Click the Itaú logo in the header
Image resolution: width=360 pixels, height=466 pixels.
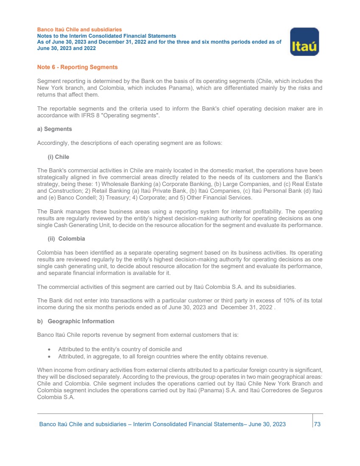304,42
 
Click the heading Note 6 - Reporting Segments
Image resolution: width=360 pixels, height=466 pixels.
78,67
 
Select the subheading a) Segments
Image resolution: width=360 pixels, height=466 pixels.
55,129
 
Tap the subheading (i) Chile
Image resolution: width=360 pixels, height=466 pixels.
58,157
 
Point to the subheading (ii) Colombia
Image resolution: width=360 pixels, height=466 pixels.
66,239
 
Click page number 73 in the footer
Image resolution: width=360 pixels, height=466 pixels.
317,424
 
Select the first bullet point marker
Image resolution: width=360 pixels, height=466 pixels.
50,349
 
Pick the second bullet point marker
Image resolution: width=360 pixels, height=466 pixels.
50,356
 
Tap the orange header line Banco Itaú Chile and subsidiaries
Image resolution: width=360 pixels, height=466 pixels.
80,30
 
